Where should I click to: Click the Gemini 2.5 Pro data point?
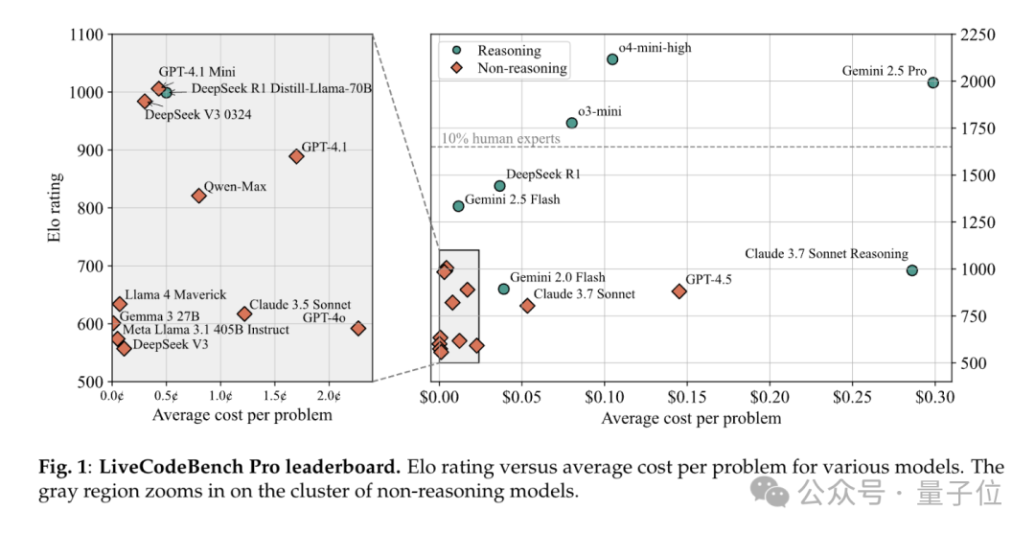933,82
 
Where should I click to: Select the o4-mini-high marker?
612,59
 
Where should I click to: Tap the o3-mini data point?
572,123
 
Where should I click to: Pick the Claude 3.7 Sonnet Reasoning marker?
912,270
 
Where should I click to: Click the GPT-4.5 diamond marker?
679,291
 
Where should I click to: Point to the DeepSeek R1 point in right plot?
499,186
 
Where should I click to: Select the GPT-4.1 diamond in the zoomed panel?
296,156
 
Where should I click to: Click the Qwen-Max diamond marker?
198,196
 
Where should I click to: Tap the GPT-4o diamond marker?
358,329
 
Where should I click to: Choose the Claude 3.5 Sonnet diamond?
244,313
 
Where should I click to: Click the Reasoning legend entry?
509,51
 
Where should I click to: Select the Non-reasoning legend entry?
522,68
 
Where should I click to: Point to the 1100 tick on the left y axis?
85,35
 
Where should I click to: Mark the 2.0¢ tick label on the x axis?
329,395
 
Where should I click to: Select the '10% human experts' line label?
500,139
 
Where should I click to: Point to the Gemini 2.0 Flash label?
557,277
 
